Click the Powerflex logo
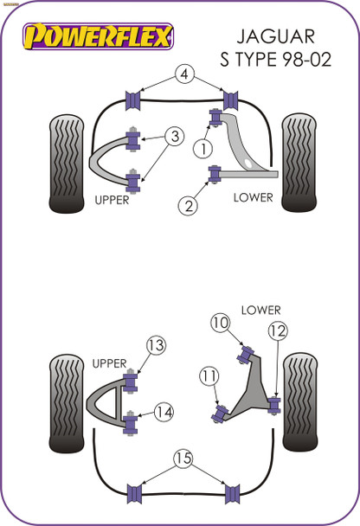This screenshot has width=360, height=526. (x=97, y=37)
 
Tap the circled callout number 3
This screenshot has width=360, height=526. (x=174, y=136)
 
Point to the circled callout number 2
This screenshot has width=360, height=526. (x=186, y=205)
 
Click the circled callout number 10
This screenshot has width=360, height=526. (x=219, y=324)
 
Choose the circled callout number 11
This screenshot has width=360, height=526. (x=208, y=375)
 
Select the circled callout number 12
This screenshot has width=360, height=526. (x=277, y=330)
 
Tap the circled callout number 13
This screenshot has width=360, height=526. (x=155, y=346)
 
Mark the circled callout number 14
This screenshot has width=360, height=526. (x=164, y=412)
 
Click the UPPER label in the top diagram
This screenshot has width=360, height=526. (x=111, y=200)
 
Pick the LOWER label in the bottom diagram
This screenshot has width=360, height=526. (x=260, y=309)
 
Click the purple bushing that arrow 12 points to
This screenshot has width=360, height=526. (x=276, y=404)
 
